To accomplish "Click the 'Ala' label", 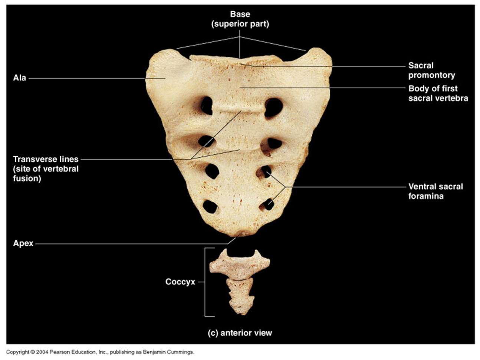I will (20, 78).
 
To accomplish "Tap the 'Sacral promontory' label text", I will (431, 70).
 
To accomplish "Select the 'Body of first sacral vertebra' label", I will (438, 93).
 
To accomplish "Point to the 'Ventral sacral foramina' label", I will (435, 191).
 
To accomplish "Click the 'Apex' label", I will (23, 243).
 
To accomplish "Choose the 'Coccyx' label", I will (180, 282).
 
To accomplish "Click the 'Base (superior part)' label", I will (240, 19).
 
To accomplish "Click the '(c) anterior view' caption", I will (240, 333).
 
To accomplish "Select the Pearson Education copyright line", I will (100, 352).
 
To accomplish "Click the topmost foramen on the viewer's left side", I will (207, 105).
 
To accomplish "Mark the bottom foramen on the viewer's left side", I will (210, 206).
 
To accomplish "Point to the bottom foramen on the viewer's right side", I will (268, 204).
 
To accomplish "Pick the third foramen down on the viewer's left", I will (212, 171).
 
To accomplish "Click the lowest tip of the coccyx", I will (241, 312).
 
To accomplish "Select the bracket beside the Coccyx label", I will (205, 282).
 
